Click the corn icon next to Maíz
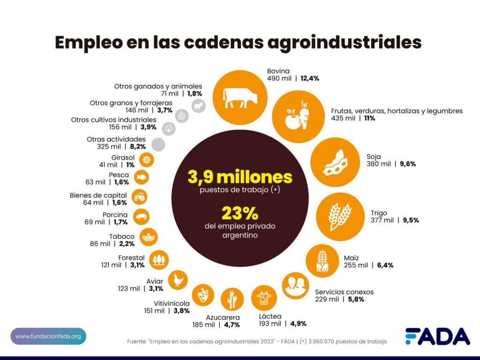pyautogui.click(x=322, y=261)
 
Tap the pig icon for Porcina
pyautogui.click(x=142, y=217)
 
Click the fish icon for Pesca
pyautogui.click(x=142, y=177)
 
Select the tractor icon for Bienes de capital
pyautogui.click(x=139, y=197)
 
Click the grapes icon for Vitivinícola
pyautogui.click(x=203, y=295)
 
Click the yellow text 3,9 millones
pyautogui.click(x=240, y=177)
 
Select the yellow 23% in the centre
pyautogui.click(x=240, y=214)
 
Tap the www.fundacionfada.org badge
pyautogui.click(x=48, y=336)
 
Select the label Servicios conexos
pyautogui.click(x=344, y=292)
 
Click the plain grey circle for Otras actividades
pyautogui.click(x=158, y=145)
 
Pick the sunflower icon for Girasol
pyautogui.click(x=147, y=160)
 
